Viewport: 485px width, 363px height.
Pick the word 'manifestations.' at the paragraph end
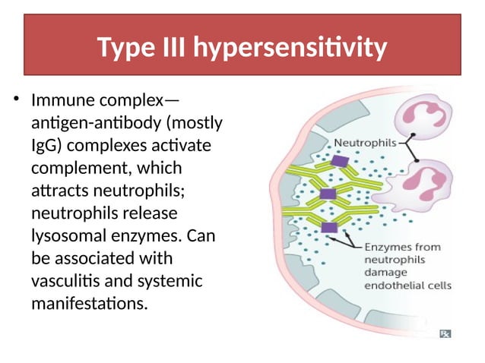87,303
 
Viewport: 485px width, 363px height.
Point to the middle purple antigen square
328,194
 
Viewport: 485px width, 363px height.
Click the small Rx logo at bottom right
445,333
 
